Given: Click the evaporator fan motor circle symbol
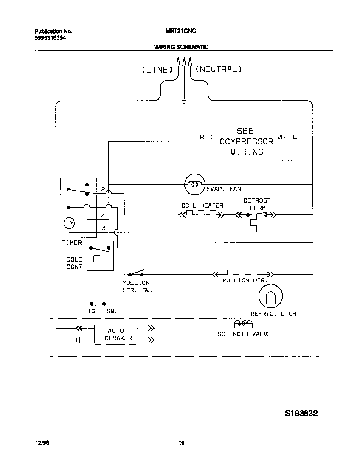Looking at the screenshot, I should (195, 185).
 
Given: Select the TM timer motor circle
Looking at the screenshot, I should (68, 223).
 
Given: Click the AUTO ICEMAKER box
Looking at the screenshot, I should (115, 334).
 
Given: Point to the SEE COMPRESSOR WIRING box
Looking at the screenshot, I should (247, 141).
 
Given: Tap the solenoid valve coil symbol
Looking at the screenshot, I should (243, 325).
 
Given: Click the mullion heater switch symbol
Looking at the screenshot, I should (136, 273).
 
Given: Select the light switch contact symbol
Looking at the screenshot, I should (98, 303).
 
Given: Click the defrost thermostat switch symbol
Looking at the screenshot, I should (256, 216).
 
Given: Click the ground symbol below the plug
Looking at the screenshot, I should (184, 101).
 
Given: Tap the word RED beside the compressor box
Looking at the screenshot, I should (206, 137).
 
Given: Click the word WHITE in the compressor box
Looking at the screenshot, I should (287, 137).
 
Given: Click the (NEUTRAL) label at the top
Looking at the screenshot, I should (219, 69).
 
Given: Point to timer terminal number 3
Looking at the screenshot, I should (103, 228).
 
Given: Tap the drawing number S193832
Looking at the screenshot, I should (301, 413).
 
